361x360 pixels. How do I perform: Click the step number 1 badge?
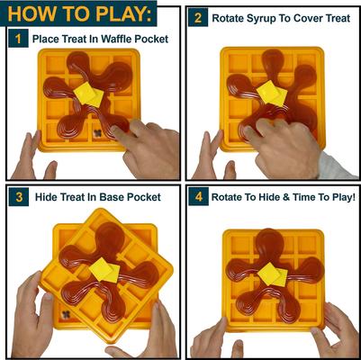pos(16,39)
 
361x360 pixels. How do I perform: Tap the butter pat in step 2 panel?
pos(269,93)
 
